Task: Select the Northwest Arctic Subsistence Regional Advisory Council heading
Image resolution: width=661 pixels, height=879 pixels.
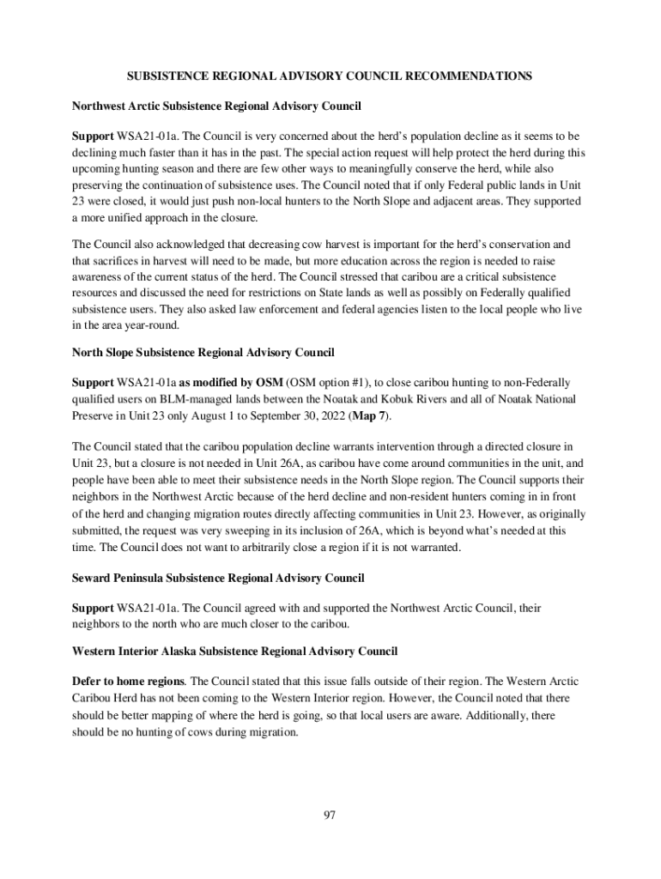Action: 216,106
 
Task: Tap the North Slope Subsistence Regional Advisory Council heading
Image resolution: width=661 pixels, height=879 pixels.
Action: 203,352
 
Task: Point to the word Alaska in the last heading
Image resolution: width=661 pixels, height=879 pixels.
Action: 188,652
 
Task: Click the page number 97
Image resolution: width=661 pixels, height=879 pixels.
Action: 330,815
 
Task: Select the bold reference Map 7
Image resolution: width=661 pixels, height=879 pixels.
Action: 370,416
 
